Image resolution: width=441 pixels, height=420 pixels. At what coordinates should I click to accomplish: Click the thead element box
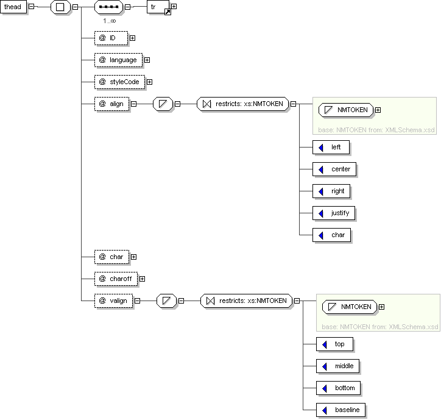(13, 7)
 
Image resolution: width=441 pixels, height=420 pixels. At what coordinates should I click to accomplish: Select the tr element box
(158, 7)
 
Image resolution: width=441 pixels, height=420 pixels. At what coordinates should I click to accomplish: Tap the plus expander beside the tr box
(174, 6)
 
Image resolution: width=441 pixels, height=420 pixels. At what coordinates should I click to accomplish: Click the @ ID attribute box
(111, 38)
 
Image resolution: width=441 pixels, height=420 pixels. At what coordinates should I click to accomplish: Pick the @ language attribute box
(119, 60)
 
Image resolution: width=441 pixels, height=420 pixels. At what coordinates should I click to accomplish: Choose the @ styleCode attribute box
(120, 82)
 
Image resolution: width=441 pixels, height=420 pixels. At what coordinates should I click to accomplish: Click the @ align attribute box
(112, 104)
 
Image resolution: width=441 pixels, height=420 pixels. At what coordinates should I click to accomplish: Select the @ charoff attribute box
(116, 279)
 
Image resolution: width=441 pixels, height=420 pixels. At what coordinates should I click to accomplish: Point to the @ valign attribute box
(114, 301)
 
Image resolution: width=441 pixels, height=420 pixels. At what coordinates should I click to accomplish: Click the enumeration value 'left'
(331, 148)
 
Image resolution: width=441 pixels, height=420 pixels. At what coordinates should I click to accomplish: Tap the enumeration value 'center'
(334, 169)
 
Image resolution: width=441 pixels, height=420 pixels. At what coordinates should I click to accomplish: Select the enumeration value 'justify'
(334, 213)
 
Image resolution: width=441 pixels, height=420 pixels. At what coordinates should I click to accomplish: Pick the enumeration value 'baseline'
(341, 410)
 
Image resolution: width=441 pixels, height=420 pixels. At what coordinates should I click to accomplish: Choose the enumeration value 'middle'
(338, 366)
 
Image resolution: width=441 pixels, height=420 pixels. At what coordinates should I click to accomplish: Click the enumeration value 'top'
(334, 344)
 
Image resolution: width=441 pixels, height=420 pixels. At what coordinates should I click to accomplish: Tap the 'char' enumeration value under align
(332, 235)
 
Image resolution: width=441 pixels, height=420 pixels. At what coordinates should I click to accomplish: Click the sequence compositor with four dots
(109, 7)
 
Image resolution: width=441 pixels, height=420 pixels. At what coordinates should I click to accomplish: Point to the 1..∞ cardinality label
(110, 21)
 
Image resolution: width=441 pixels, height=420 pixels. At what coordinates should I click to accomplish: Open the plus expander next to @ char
(133, 257)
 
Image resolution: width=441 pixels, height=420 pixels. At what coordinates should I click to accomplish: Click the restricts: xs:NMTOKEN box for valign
(247, 301)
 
